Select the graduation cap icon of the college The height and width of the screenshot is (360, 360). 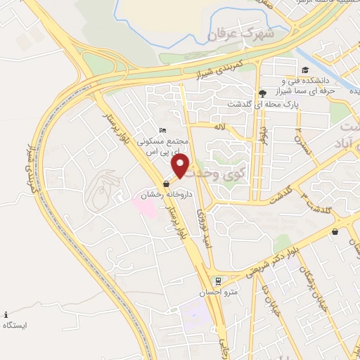(x=306, y=70)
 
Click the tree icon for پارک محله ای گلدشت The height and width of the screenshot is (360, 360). (x=262, y=94)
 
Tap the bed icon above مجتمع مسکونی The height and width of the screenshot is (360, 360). (x=162, y=130)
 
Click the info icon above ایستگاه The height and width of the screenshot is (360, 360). (x=6, y=314)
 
